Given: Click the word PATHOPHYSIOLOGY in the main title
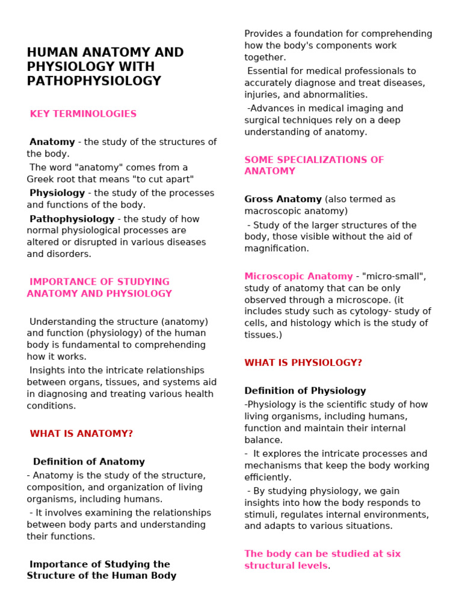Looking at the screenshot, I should (94, 81).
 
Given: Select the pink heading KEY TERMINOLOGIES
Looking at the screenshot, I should (83, 114).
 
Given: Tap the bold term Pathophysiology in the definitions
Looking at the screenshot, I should (72, 219).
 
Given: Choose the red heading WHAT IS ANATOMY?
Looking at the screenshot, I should (81, 434).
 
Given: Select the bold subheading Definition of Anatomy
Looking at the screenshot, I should (89, 462).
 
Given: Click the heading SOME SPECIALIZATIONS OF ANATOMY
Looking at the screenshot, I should (313, 165).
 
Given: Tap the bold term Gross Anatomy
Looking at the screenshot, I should (283, 199).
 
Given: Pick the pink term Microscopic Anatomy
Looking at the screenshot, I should (298, 276).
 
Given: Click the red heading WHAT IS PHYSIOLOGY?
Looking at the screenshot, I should (303, 363).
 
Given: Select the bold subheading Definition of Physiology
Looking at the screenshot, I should (305, 391).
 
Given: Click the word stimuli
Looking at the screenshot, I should (260, 515).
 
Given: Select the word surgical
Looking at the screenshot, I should (262, 120).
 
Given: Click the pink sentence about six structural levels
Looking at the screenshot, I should (322, 559).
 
